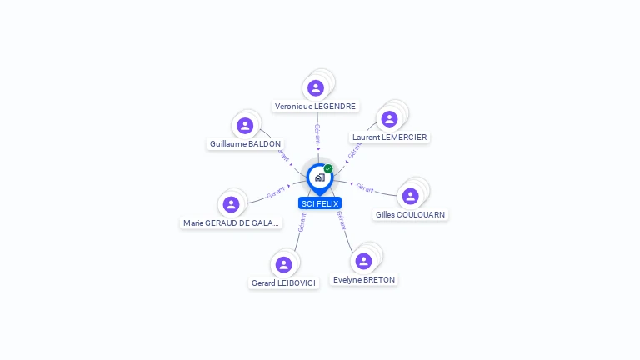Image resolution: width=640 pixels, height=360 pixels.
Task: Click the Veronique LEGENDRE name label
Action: click(x=316, y=107)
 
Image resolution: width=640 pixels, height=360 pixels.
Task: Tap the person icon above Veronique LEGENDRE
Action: click(x=315, y=87)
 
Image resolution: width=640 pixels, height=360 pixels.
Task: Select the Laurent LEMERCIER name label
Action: click(x=389, y=137)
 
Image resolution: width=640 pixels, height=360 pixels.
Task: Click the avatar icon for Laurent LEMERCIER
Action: click(x=389, y=118)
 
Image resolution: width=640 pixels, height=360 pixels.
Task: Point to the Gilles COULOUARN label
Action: click(x=410, y=215)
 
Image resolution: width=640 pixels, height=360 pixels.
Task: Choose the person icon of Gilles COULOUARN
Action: click(x=410, y=196)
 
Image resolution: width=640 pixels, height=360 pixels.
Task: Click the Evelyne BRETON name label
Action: click(x=364, y=280)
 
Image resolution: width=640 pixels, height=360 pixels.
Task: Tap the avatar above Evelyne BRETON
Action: click(x=363, y=261)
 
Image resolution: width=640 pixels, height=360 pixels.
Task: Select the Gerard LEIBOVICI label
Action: click(x=284, y=283)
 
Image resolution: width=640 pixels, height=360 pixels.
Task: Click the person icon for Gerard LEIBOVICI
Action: click(x=283, y=264)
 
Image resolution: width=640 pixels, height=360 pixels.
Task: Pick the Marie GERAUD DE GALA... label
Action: click(x=232, y=223)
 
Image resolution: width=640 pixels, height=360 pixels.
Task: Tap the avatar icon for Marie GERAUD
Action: click(x=232, y=204)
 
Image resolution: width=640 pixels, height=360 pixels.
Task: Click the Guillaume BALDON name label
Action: click(x=245, y=144)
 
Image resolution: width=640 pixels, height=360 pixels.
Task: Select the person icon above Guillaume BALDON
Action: click(x=245, y=125)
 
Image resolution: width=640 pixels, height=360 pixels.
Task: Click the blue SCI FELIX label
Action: click(x=320, y=203)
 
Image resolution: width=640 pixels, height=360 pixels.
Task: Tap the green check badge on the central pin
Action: click(x=328, y=168)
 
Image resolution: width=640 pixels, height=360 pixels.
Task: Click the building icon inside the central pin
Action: click(x=319, y=177)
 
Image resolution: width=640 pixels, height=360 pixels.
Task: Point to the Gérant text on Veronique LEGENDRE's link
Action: click(x=317, y=133)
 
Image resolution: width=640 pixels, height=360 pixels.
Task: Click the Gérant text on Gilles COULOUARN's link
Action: click(x=364, y=187)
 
